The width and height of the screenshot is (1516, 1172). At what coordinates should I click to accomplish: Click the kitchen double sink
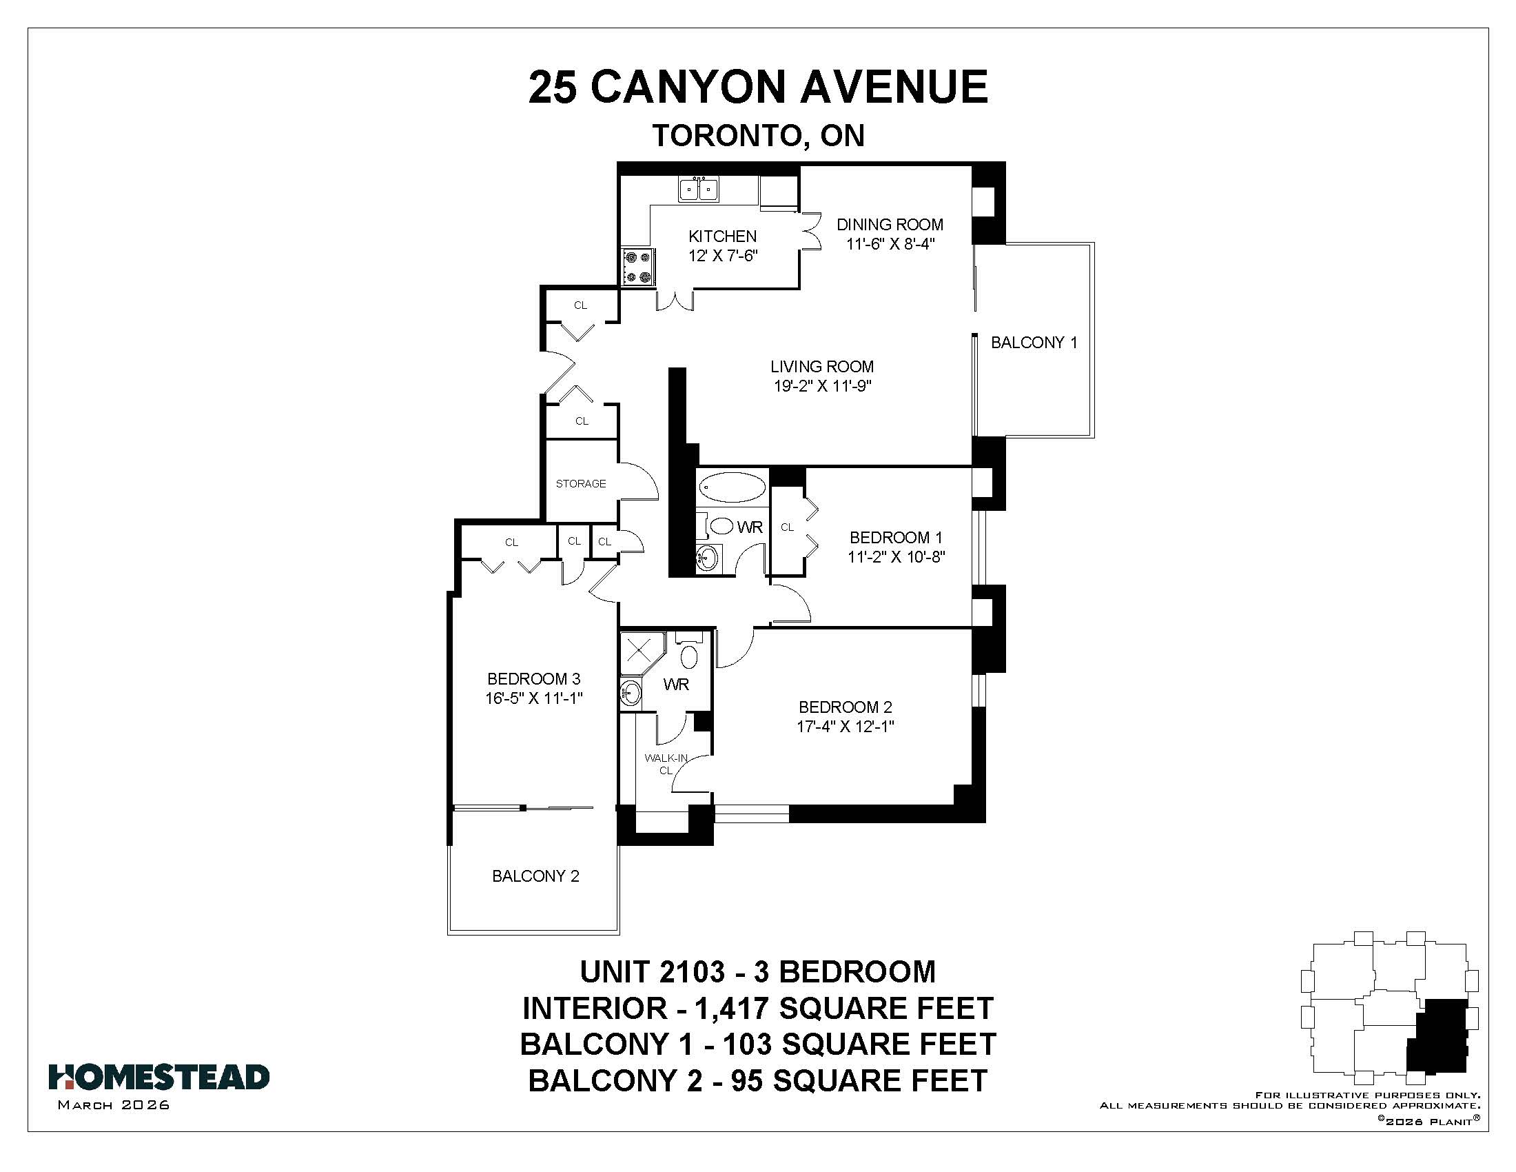pos(698,189)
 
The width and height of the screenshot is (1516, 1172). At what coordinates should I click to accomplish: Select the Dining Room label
pos(889,225)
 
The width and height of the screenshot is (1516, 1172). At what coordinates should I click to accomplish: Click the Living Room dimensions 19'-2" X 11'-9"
pos(823,386)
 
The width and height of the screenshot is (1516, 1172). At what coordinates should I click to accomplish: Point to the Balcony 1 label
pos(1034,343)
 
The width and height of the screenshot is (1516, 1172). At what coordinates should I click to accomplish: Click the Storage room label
pos(581,483)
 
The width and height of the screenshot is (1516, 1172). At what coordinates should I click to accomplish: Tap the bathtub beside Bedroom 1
pos(733,487)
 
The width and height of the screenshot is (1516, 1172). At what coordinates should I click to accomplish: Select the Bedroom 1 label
pos(896,538)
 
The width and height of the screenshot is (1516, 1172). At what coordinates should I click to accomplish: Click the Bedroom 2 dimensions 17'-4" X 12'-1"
pos(845,727)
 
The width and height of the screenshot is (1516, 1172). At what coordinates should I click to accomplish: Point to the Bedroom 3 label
pos(534,679)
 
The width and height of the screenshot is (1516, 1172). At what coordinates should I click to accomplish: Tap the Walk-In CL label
pos(666,764)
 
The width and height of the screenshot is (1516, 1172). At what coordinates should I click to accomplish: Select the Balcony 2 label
pos(535,876)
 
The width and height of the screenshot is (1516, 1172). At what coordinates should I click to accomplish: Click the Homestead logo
pos(159,1077)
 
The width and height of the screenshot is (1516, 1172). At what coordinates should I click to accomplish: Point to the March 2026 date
pos(114,1105)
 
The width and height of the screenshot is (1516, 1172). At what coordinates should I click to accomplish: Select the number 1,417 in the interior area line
pos(732,1008)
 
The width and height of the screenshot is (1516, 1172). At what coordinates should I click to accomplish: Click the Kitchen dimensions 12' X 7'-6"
pos(723,256)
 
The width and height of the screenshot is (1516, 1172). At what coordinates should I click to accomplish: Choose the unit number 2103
pos(691,972)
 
